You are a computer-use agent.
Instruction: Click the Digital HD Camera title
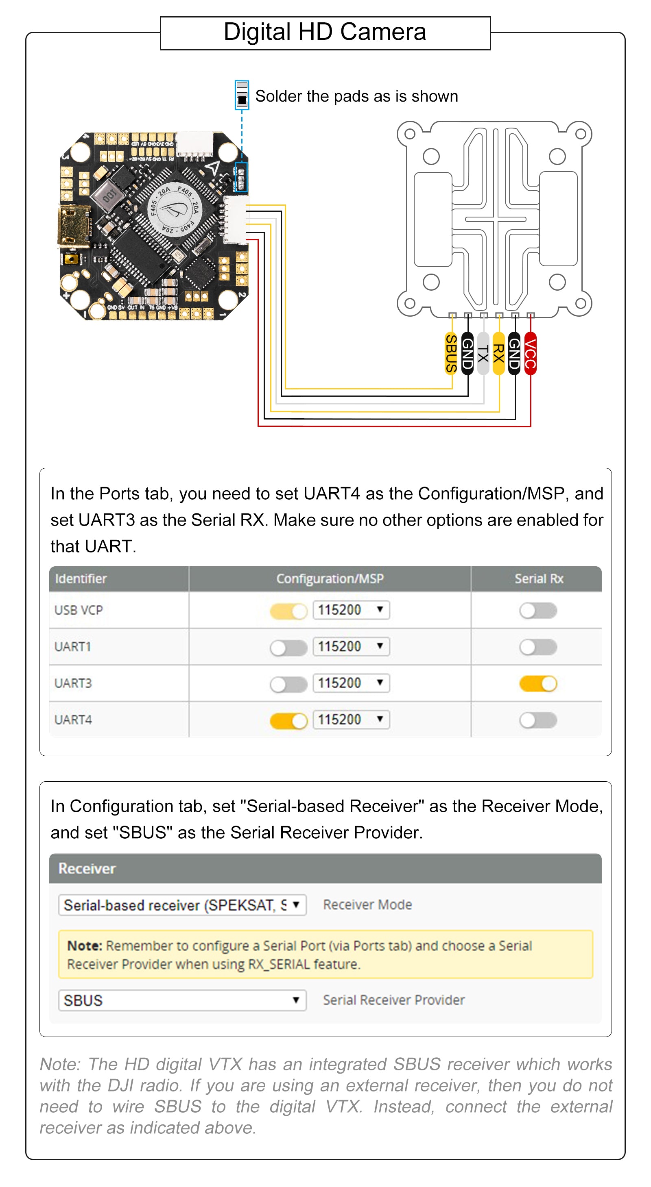pyautogui.click(x=325, y=32)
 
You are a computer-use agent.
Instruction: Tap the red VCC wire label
pyautogui.click(x=530, y=353)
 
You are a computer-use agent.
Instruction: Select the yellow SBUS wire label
pyautogui.click(x=451, y=353)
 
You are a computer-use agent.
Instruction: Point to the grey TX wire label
pyautogui.click(x=483, y=353)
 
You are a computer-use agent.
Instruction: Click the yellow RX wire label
pyautogui.click(x=498, y=353)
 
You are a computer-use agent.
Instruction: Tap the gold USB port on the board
pyautogui.click(x=73, y=226)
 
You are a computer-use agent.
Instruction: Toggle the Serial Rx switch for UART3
pyautogui.click(x=537, y=683)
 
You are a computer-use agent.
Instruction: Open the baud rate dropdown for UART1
pyautogui.click(x=351, y=646)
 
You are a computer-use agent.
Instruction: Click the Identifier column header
pyautogui.click(x=81, y=579)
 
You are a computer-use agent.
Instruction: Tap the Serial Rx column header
pyautogui.click(x=539, y=579)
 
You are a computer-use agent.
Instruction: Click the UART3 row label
pyautogui.click(x=73, y=683)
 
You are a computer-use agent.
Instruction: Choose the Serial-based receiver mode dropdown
pyautogui.click(x=182, y=905)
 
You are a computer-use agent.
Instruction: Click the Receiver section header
pyautogui.click(x=87, y=869)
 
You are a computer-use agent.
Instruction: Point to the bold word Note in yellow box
pyautogui.click(x=84, y=946)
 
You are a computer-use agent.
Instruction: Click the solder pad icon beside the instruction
pyautogui.click(x=242, y=95)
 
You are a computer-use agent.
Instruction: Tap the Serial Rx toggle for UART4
pyautogui.click(x=537, y=720)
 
